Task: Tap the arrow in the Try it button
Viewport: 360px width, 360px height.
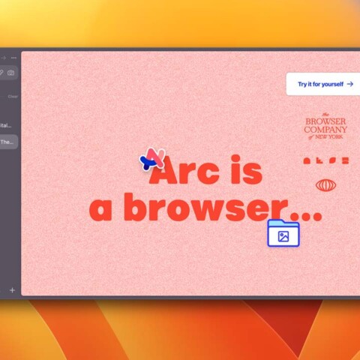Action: click(349, 84)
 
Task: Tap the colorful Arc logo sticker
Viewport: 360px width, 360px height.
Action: click(152, 159)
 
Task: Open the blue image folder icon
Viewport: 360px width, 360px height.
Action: click(283, 234)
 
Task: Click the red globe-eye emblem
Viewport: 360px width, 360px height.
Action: click(325, 184)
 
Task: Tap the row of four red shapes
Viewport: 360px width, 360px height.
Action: click(325, 160)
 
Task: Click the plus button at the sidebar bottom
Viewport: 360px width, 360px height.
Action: click(12, 289)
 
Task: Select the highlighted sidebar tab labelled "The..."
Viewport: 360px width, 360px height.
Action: click(7, 142)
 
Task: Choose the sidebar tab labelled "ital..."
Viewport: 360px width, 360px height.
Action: click(7, 124)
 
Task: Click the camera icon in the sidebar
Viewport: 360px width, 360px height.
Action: click(11, 73)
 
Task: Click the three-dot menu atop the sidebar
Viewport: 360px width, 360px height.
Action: click(13, 58)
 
